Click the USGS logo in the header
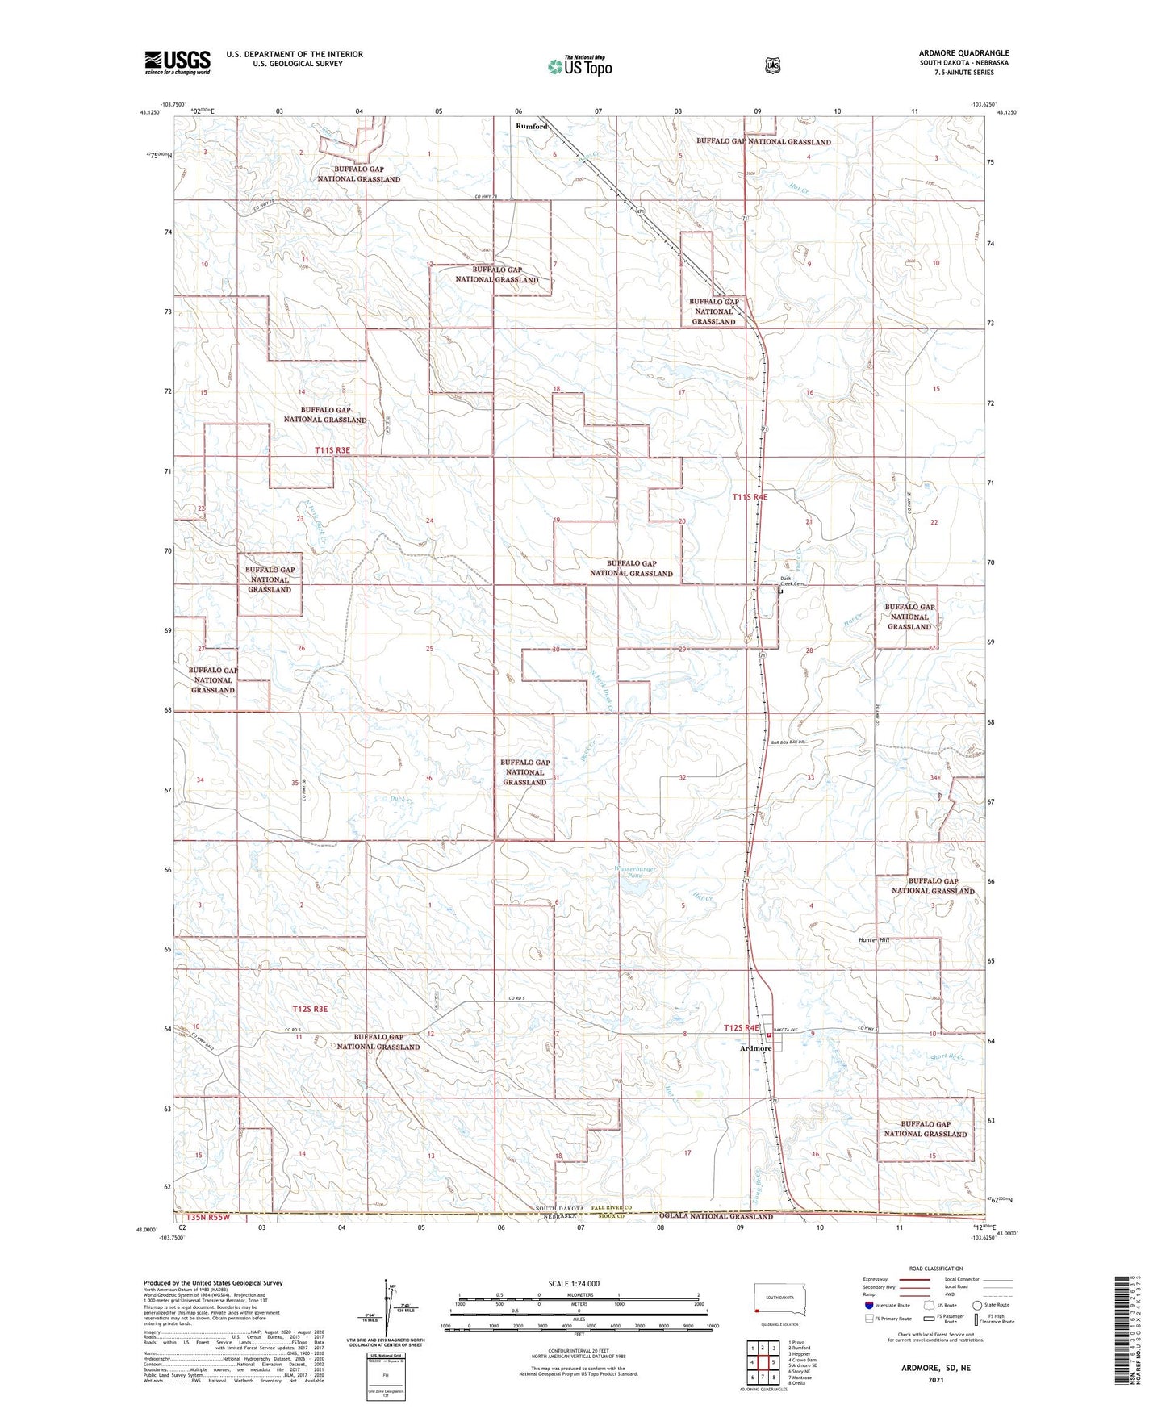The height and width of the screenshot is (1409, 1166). [x=178, y=62]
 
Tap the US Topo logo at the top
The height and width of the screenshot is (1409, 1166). [x=579, y=66]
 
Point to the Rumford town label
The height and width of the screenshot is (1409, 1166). [x=532, y=127]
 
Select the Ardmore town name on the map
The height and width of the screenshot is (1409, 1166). [x=756, y=1049]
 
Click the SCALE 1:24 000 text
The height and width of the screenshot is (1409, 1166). [x=574, y=1283]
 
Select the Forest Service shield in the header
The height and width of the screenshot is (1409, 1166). [x=772, y=65]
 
